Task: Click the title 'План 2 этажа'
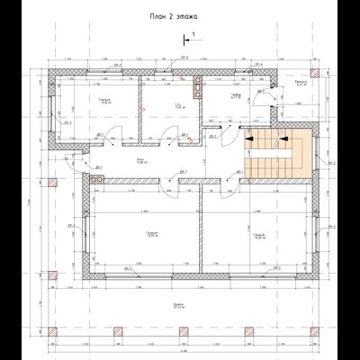pos(179,15)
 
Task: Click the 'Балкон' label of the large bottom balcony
pos(180,306)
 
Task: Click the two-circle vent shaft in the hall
pos(97,178)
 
